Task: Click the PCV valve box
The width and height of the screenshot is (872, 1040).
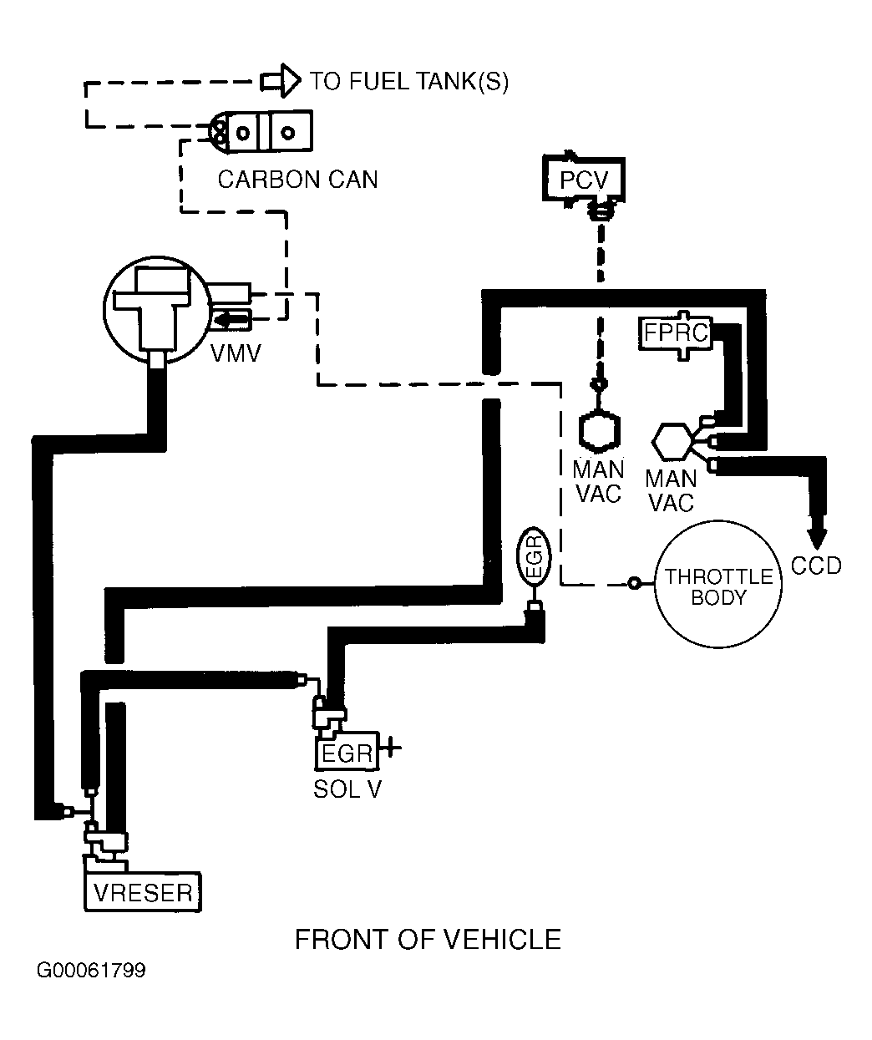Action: point(584,180)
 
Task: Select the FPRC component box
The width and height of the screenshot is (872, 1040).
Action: point(676,332)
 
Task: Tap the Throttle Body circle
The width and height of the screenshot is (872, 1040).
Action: point(718,584)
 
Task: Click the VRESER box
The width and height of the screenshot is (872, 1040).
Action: point(143,893)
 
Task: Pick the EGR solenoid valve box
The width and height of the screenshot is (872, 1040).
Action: point(347,752)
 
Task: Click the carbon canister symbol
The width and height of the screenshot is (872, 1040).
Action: point(260,131)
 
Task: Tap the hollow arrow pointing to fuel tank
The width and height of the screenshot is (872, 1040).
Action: point(281,80)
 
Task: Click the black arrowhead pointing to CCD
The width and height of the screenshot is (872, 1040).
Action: point(817,539)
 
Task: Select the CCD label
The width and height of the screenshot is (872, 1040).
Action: point(816,566)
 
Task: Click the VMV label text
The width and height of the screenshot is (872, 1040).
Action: point(236,353)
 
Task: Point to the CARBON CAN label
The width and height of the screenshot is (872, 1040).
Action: point(298,180)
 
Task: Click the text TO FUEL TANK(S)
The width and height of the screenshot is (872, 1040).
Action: point(409,81)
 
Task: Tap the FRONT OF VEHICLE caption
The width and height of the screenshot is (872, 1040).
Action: point(428,939)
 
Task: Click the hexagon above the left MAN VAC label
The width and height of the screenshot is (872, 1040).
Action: point(600,430)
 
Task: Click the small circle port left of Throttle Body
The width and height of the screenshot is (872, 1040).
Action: point(634,583)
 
